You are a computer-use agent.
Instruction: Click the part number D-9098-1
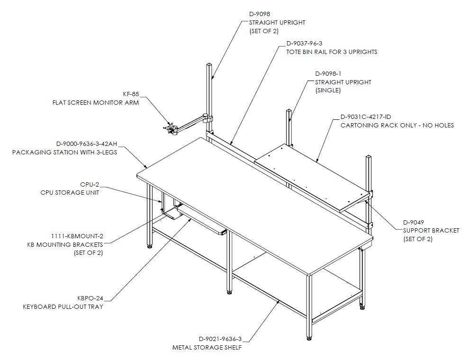[328, 74]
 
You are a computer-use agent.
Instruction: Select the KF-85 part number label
[131, 94]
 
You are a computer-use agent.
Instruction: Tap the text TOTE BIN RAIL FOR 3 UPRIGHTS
[332, 52]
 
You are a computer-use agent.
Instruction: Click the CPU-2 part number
[90, 184]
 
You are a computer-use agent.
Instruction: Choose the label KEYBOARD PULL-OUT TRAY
[63, 306]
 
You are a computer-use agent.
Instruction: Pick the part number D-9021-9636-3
[220, 339]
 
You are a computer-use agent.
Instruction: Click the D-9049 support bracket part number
[413, 223]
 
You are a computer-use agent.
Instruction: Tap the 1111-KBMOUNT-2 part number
[77, 236]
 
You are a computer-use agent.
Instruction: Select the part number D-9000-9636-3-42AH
[87, 144]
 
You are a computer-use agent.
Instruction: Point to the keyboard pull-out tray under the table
[202, 221]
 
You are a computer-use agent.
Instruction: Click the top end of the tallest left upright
[209, 64]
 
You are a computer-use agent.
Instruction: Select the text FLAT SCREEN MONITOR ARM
[96, 102]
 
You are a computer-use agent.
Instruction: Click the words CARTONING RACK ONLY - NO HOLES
[397, 126]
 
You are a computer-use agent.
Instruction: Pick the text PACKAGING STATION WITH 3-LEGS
[64, 152]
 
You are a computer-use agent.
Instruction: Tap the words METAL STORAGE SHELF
[207, 347]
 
